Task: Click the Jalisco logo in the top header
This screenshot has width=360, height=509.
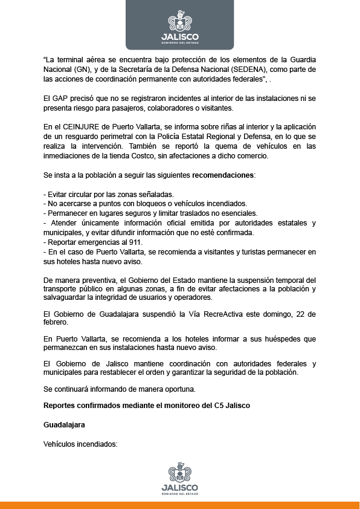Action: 179,28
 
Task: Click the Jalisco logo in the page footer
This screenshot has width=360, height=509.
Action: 179,478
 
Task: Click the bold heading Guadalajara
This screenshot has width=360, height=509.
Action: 64,425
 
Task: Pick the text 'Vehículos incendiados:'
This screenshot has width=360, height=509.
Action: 79,444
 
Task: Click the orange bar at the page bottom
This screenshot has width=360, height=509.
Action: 179,505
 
